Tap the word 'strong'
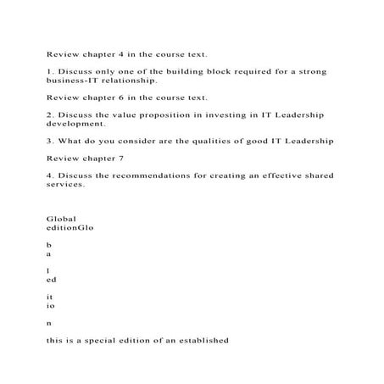(309, 71)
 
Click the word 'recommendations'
(158, 175)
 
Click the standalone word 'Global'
(61, 218)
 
